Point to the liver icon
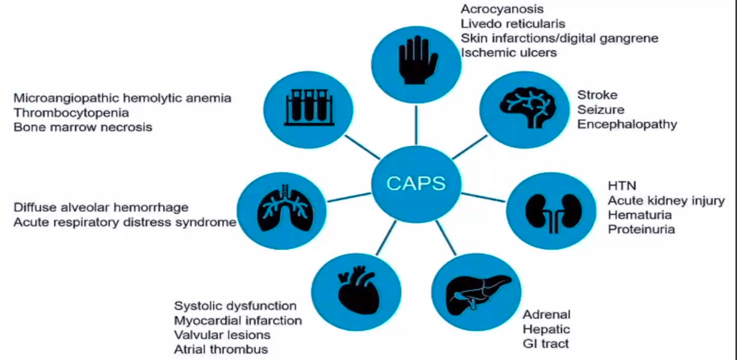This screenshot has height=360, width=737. [x=475, y=293]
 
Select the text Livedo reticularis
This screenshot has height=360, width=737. [x=513, y=23]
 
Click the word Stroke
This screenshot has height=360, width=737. [x=597, y=95]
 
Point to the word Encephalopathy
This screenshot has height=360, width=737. [x=627, y=124]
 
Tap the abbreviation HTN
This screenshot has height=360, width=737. [x=622, y=185]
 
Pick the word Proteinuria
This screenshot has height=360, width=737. [x=641, y=229]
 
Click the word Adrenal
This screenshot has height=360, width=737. [x=547, y=314]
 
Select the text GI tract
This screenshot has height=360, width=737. [x=546, y=343]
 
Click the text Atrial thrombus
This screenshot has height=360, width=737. [x=221, y=349]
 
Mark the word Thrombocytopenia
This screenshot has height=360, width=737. [x=71, y=112]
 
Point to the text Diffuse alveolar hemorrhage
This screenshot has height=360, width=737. [x=101, y=208]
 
